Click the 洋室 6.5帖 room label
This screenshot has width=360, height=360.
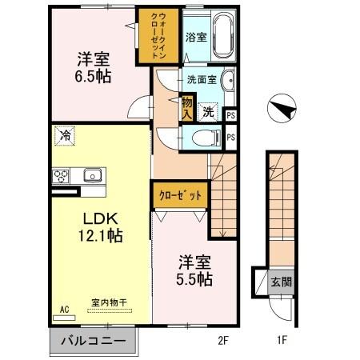pyautogui.click(x=93, y=68)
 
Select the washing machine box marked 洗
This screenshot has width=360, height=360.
pyautogui.click(x=207, y=113)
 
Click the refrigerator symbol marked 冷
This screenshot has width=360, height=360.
pyautogui.click(x=63, y=137)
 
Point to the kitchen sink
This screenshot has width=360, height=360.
pyautogui.click(x=91, y=175)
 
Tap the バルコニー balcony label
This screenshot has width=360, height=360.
pyautogui.click(x=94, y=342)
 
